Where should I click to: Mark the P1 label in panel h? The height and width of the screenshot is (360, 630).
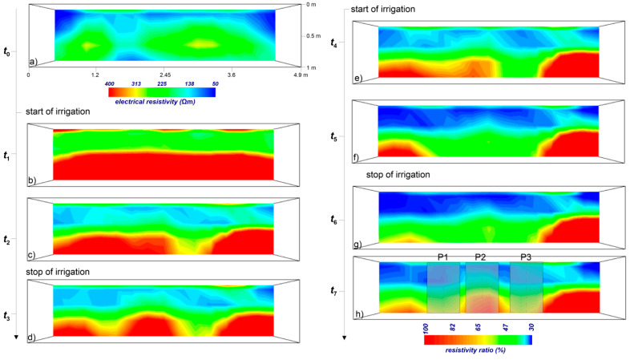443,256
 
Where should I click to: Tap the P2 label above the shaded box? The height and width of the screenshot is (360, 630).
481,256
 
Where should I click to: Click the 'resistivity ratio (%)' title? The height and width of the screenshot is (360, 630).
478,350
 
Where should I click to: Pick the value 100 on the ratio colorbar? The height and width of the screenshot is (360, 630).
426,327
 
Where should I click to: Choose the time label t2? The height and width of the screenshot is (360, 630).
7,239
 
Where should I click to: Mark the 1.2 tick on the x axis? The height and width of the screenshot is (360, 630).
95,74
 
